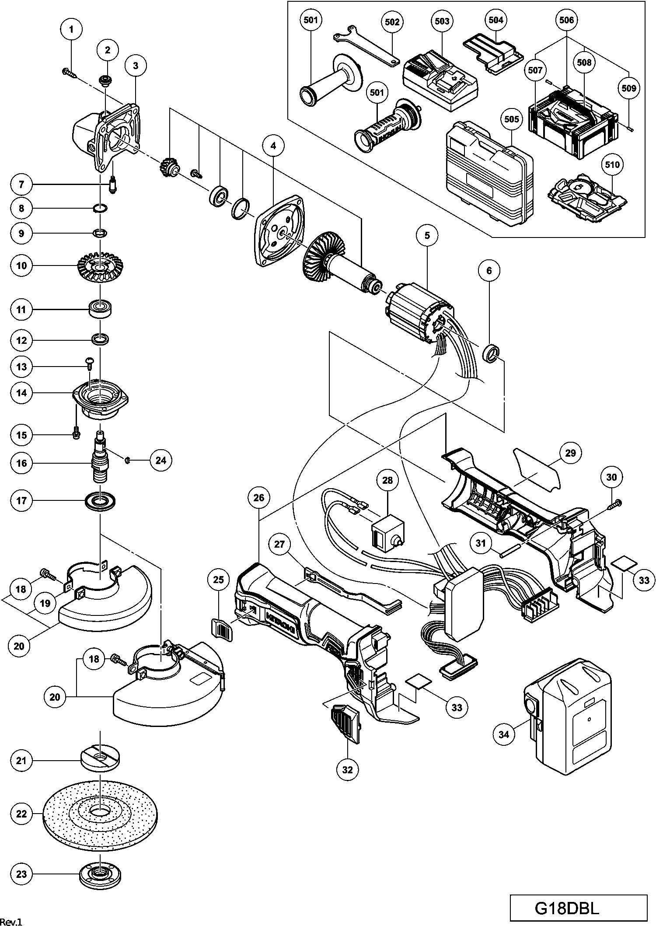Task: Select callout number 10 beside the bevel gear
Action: (x=22, y=266)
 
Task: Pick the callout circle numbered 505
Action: (x=512, y=119)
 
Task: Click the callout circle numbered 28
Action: (x=388, y=480)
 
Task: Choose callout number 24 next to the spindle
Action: (x=161, y=460)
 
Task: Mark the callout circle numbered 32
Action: (x=347, y=769)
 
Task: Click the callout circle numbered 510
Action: (x=612, y=164)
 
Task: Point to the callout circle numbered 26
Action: (x=259, y=498)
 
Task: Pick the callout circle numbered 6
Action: (x=489, y=271)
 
